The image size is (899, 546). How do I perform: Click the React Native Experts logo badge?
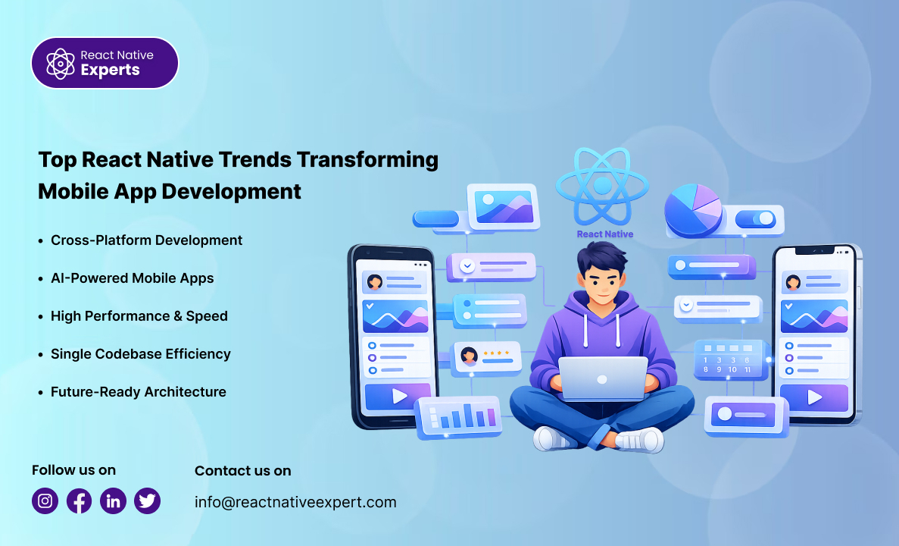[x=105, y=63]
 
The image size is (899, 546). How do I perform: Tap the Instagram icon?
[x=45, y=500]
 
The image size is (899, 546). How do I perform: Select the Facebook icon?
[x=80, y=500]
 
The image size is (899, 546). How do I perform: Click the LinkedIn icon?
[x=114, y=500]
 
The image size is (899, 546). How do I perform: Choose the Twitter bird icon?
[x=148, y=500]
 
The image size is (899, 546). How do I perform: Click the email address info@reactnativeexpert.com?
[x=295, y=502]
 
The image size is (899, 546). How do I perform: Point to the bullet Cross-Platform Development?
[x=146, y=240]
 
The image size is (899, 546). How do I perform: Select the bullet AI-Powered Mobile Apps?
[x=132, y=278]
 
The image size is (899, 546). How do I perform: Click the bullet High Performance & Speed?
[x=139, y=316]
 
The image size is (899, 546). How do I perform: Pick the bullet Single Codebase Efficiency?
[x=140, y=354]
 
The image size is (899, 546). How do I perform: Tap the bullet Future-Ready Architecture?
[x=138, y=392]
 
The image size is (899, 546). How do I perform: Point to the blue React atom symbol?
[x=603, y=186]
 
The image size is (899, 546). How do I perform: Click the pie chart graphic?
[x=693, y=209]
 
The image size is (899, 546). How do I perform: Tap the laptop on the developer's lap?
[x=603, y=378]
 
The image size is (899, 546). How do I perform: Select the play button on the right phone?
[x=814, y=397]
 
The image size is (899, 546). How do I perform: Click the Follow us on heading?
[x=73, y=470]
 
